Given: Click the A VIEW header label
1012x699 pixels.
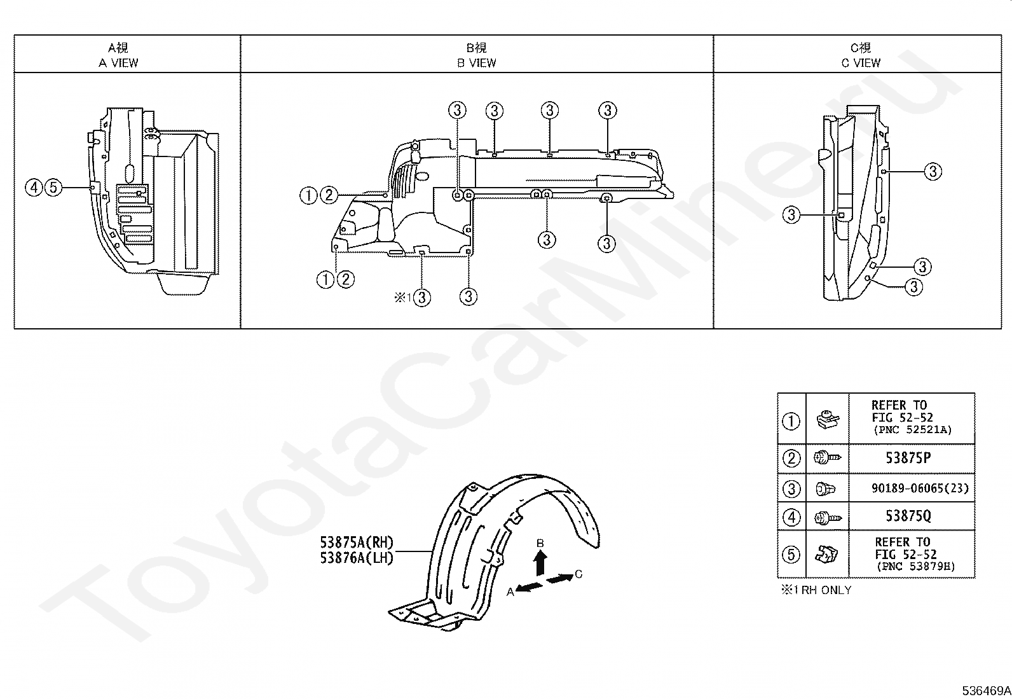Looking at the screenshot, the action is [x=118, y=63].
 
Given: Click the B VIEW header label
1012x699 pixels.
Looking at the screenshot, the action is [x=477, y=63].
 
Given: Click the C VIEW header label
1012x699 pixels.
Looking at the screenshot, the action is [x=861, y=63].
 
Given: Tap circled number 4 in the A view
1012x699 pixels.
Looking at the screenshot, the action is [x=34, y=187].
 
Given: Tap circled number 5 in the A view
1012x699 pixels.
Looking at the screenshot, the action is [x=53, y=187].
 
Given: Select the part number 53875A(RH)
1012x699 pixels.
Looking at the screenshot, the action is [x=357, y=542].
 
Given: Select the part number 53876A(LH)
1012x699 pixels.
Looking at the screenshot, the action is [x=357, y=558].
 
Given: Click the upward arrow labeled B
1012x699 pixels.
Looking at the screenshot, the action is [x=540, y=565].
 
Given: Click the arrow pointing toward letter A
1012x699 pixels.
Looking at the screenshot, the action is [x=529, y=587].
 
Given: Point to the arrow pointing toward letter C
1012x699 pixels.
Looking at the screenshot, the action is [x=560, y=578].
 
